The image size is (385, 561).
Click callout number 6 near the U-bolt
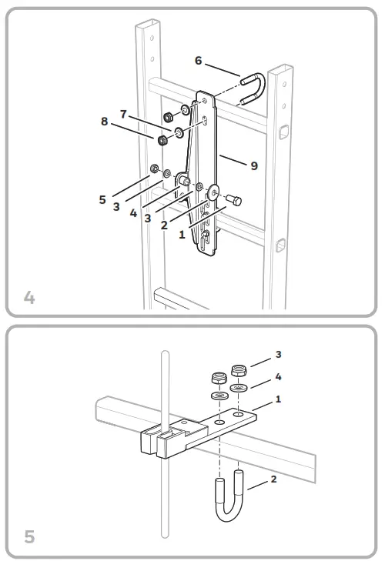(x=199, y=59)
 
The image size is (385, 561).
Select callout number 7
(x=123, y=114)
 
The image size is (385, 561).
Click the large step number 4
(x=29, y=297)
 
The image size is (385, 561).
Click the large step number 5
(x=29, y=536)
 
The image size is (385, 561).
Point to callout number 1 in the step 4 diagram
(x=182, y=235)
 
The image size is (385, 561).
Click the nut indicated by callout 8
(x=162, y=142)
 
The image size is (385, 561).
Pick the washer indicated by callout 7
(x=179, y=133)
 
